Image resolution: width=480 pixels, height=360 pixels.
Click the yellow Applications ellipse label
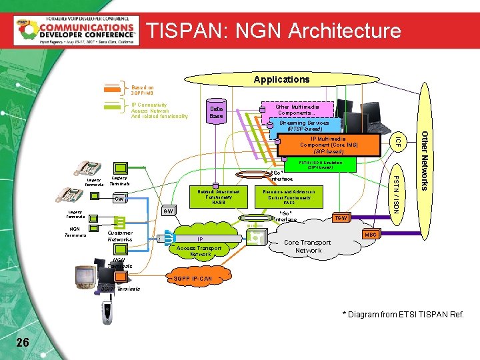point(282,79)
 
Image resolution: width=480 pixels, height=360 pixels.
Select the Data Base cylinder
point(217,112)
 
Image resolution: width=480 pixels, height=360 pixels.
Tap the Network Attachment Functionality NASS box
point(219,196)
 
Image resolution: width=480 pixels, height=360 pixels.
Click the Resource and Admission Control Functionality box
point(289,194)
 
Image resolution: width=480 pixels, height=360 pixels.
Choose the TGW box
point(341,218)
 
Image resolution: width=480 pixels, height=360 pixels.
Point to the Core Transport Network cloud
point(308,247)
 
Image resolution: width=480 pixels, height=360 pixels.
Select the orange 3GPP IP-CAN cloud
point(193,279)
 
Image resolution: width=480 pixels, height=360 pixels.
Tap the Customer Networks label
point(120,235)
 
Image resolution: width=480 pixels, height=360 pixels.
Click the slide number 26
point(23,342)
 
